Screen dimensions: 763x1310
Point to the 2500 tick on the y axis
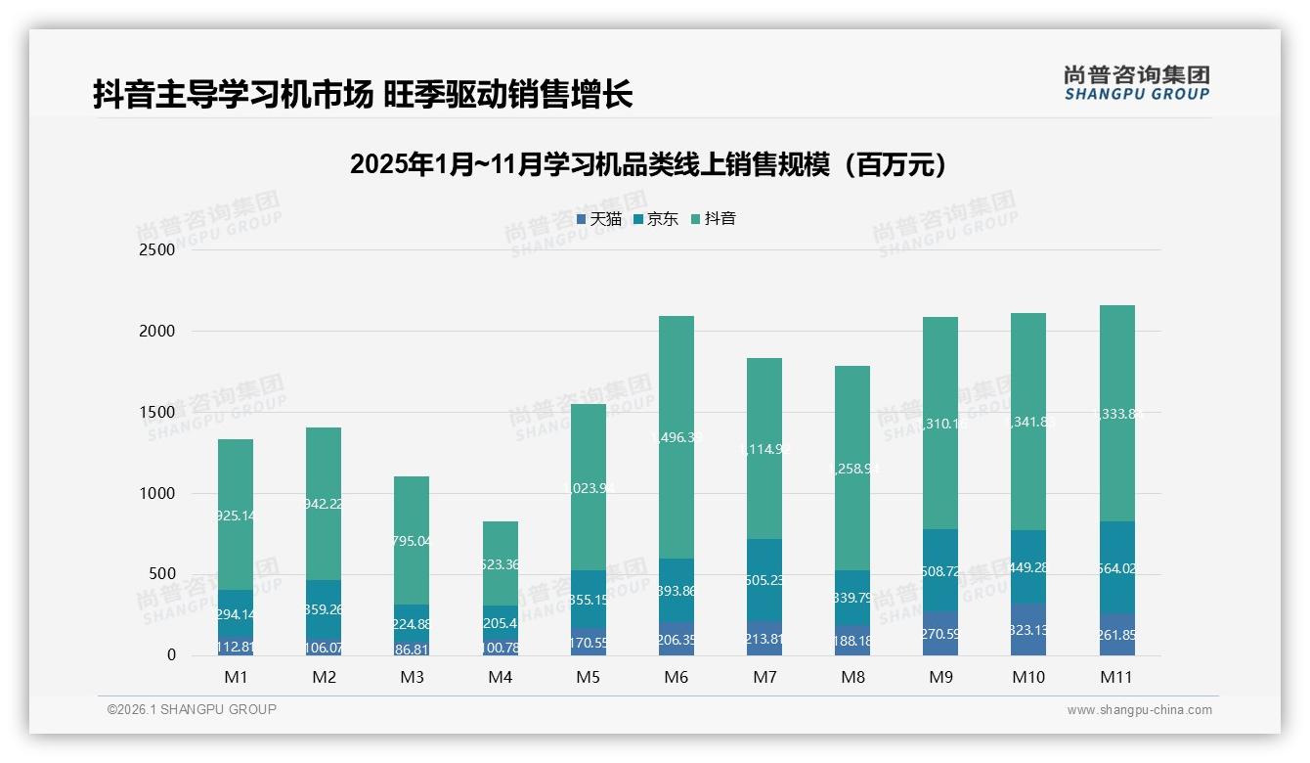tap(156, 250)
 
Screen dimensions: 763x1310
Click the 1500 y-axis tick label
tap(156, 413)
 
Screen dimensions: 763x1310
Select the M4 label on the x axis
tap(501, 677)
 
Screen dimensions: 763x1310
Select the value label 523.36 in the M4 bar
tap(501, 564)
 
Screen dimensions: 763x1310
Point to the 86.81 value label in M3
tap(412, 649)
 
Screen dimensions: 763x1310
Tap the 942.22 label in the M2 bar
tap(324, 504)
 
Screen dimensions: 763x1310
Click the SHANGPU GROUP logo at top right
tap(1136, 83)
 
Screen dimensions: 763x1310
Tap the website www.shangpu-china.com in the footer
tap(1139, 710)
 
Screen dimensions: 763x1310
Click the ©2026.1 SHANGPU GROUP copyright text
tap(192, 709)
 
